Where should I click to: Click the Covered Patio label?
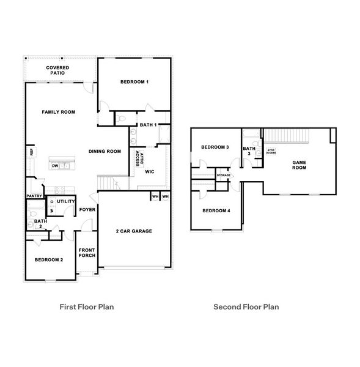[57, 70]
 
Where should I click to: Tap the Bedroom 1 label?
[134, 81]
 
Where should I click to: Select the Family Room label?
[58, 112]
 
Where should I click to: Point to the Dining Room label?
[105, 152]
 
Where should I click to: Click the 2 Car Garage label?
[134, 231]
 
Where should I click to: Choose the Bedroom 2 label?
[49, 259]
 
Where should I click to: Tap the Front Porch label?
[87, 252]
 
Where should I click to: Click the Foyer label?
[86, 210]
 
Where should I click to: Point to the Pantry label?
[34, 196]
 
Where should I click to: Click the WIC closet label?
[149, 171]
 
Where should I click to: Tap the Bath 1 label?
[149, 125]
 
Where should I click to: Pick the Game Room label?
[299, 165]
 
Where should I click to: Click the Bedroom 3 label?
[215, 147]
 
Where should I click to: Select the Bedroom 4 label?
[216, 210]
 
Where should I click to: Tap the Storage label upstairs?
[224, 176]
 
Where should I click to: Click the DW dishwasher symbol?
[55, 166]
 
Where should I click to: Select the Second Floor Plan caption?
[246, 307]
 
